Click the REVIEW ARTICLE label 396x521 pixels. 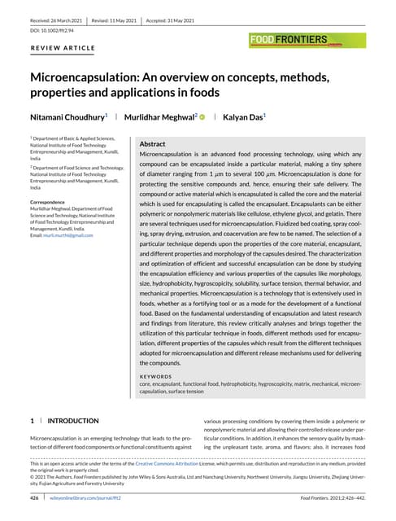(x=63, y=48)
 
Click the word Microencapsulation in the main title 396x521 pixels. (x=86, y=77)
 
